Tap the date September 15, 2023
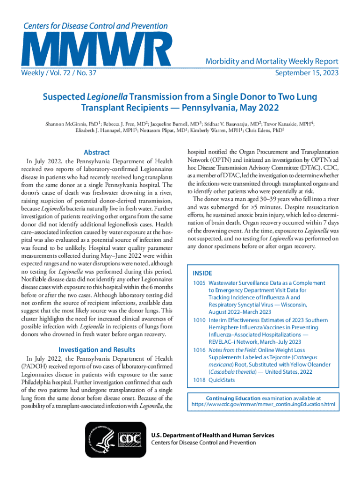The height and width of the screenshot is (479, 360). (x=307, y=73)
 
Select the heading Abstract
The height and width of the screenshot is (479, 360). (x=96, y=152)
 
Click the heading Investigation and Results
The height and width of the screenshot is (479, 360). (x=96, y=349)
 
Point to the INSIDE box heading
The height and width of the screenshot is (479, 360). (x=202, y=273)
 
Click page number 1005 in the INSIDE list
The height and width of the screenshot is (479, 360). (x=200, y=283)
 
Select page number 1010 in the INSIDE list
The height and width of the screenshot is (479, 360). (x=200, y=320)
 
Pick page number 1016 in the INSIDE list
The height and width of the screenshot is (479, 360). (x=200, y=350)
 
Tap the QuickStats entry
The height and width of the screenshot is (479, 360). (x=222, y=380)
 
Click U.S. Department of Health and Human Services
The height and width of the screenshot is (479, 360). (x=213, y=435)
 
